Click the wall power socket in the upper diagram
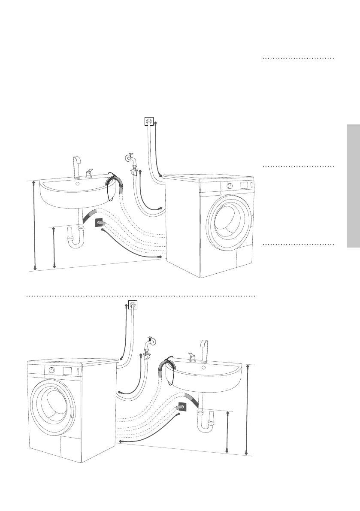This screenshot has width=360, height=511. pyautogui.click(x=149, y=122)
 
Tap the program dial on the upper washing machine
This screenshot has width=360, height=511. pyautogui.click(x=230, y=186)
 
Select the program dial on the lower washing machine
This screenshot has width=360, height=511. pyautogui.click(x=51, y=370)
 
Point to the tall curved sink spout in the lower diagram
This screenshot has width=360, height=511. pyautogui.click(x=205, y=350)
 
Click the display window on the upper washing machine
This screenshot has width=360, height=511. pyautogui.click(x=244, y=185)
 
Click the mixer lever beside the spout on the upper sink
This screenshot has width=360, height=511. pyautogui.click(x=89, y=172)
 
